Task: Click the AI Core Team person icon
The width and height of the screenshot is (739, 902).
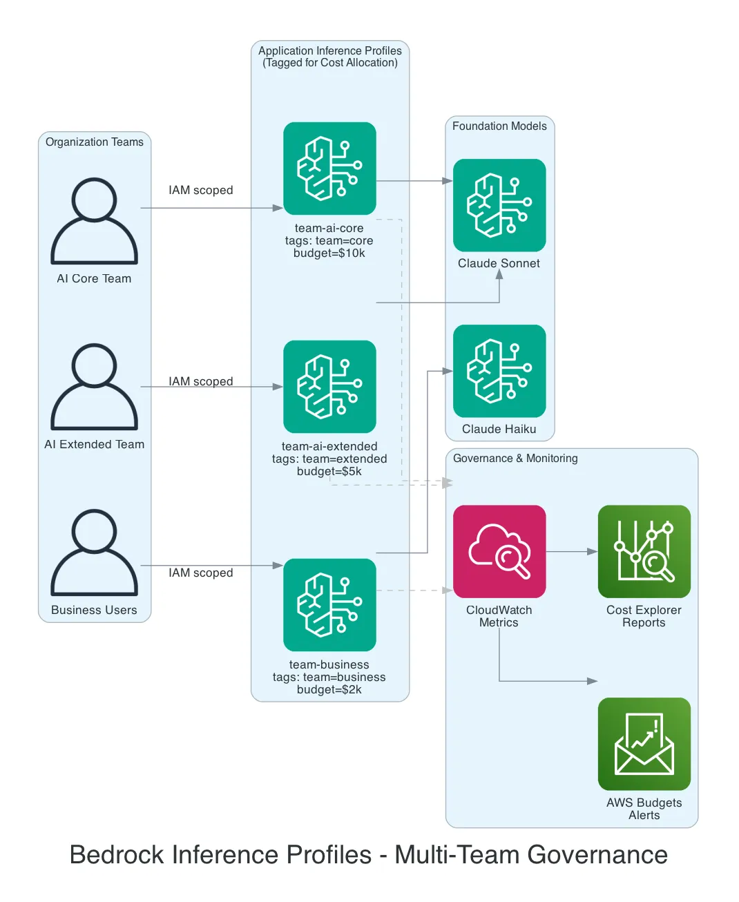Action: pos(94,221)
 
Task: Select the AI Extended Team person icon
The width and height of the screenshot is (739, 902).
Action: pos(94,387)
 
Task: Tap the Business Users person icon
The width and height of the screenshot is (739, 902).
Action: pos(94,553)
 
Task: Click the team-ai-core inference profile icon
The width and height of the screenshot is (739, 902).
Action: pos(329,169)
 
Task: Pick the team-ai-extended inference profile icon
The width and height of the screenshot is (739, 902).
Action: pos(329,387)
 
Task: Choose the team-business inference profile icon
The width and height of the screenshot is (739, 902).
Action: pos(329,605)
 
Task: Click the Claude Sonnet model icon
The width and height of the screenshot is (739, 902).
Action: pos(499,205)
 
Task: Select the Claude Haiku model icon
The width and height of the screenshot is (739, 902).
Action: pos(499,371)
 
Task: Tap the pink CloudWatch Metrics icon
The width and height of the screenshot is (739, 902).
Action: pos(499,551)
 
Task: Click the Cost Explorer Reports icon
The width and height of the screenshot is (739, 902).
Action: pos(644,551)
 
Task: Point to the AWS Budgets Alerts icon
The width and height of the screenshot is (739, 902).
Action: pos(644,744)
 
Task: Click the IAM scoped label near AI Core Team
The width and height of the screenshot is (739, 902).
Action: pos(201,191)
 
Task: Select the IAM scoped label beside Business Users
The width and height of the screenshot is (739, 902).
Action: pos(201,573)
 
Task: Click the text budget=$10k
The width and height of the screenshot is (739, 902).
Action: pos(329,253)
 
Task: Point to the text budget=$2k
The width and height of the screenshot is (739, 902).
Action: pos(329,690)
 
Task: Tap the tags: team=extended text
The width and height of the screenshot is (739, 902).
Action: pos(329,459)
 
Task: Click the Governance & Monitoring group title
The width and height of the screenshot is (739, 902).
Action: pos(515,459)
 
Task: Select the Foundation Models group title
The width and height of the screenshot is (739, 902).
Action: pos(499,126)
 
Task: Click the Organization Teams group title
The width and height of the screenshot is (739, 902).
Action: pos(95,142)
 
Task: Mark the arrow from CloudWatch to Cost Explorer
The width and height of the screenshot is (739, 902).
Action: pos(572,552)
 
